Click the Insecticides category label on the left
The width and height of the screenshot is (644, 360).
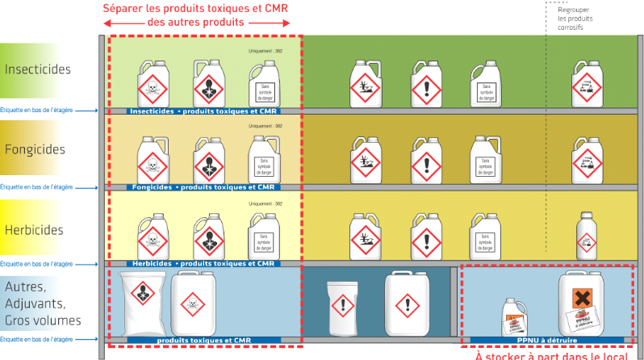43,69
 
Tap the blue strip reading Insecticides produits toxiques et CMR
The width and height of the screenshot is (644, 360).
203,111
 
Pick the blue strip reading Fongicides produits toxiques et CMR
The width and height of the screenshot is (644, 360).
203,187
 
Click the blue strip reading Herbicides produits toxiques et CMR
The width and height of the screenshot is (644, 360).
203,264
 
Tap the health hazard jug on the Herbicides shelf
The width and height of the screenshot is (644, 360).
207,237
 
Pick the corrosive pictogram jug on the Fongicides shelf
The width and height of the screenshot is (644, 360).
587,161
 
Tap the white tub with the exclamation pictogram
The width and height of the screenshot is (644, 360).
342,307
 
